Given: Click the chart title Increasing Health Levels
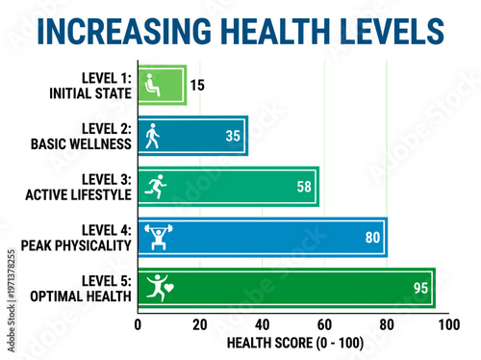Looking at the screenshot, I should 240,32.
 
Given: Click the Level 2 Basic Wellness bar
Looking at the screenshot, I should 192,136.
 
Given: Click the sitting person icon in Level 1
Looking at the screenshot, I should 150,85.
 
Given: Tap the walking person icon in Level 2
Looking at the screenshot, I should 150,136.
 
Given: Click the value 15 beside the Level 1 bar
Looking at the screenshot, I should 197,85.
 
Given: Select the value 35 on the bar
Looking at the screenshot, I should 233,136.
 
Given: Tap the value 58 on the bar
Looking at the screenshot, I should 304,187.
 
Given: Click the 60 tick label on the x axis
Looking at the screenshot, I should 324,325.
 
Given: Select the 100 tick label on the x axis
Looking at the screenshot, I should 447,325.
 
